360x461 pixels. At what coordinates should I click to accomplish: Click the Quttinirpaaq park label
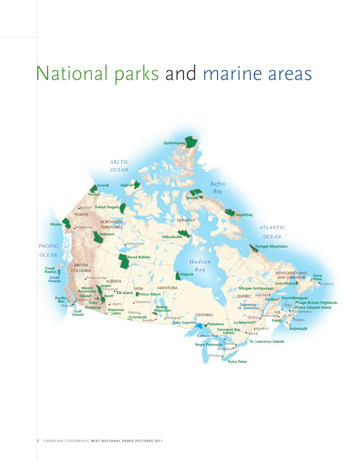[174, 143]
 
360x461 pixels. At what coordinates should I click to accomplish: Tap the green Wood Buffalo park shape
[123, 261]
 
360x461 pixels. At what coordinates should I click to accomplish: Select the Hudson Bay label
[200, 266]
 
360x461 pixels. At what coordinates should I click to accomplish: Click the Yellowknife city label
[135, 244]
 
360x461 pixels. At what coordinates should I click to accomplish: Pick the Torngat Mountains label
[271, 246]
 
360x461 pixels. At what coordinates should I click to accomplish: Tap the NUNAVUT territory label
[186, 220]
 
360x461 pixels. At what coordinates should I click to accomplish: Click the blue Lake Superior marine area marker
[198, 326]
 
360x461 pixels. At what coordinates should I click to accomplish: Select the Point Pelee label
[237, 362]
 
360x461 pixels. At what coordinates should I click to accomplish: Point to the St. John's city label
[326, 284]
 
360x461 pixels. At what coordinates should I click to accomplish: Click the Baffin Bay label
[217, 187]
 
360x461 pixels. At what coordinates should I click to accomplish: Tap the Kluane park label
[56, 224]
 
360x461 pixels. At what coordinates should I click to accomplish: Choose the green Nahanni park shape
[97, 237]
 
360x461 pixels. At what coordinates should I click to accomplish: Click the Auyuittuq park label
[244, 215]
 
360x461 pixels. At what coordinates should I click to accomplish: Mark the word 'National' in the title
[72, 73]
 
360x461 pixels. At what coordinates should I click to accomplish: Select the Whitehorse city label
[84, 227]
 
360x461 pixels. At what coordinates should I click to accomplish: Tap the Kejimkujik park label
[298, 329]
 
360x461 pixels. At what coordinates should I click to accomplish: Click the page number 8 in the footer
[38, 440]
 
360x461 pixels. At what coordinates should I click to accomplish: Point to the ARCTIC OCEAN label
[119, 166]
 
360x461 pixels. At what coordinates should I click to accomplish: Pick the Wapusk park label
[186, 274]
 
